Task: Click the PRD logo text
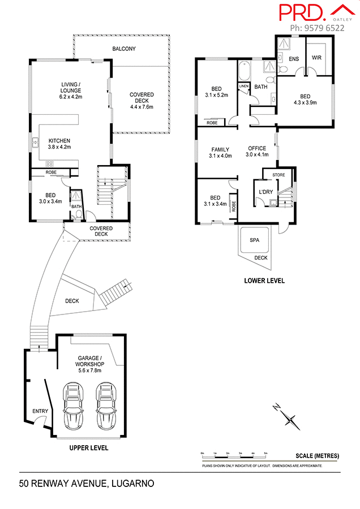point(301,12)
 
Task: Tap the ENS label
point(293,58)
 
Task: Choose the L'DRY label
point(265,192)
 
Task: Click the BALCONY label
point(123,49)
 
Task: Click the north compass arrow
point(290,419)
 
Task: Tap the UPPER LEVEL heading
point(88,448)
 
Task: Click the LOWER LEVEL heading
point(264,281)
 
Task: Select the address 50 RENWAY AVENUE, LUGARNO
point(86,484)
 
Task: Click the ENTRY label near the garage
point(40,411)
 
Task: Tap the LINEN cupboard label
point(243,87)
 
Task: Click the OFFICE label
point(257,149)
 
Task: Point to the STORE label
point(278,175)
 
